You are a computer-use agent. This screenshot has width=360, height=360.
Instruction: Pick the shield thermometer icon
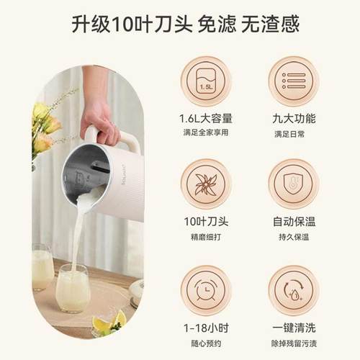coord(292,184)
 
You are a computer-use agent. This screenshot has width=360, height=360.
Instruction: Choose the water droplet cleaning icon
coord(292,289)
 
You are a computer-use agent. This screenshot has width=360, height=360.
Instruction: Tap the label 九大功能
coord(292,118)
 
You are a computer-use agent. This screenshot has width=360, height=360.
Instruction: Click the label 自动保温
coord(292,222)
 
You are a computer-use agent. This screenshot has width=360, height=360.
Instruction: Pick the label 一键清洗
coord(292,328)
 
